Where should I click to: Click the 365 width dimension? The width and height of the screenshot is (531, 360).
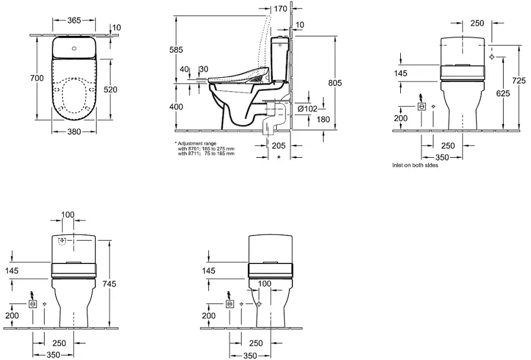click(74, 20)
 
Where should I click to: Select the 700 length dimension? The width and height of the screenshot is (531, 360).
click(37, 78)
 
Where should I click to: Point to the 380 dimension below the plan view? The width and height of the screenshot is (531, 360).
click(74, 131)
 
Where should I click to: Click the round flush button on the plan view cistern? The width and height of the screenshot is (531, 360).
click(74, 47)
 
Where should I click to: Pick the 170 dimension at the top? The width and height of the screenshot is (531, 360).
click(280, 9)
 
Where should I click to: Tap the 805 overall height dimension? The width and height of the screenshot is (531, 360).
click(335, 83)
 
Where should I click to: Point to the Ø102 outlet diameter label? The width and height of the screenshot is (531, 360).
click(307, 109)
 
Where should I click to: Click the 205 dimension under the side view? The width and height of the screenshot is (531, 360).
click(279, 146)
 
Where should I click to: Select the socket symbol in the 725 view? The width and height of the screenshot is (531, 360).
click(422, 106)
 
